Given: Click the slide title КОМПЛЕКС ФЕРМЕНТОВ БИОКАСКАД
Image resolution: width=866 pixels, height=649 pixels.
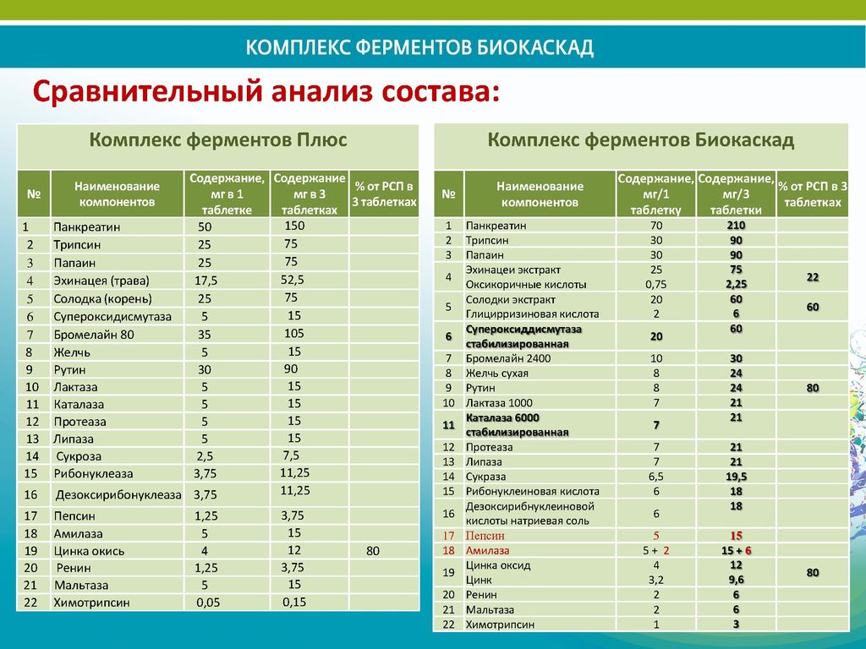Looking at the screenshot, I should (x=420, y=47).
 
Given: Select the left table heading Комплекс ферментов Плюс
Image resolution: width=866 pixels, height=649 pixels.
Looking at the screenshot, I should (x=218, y=140).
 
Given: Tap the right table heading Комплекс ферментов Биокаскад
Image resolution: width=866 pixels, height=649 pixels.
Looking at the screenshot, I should (x=641, y=140).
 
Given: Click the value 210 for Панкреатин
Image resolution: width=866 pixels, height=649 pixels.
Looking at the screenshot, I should (x=736, y=226).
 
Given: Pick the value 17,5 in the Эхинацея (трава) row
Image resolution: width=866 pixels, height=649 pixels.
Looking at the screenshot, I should (x=206, y=281).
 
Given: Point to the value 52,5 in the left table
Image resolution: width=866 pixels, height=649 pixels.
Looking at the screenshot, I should (x=293, y=280).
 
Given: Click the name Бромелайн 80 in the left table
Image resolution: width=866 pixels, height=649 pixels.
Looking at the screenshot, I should (x=93, y=335).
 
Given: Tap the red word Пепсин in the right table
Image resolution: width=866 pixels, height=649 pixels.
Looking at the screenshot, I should (x=485, y=536).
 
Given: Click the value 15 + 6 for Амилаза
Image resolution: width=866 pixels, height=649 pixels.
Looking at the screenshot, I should (x=736, y=550).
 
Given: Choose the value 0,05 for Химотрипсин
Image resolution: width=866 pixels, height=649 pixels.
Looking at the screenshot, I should (x=207, y=603).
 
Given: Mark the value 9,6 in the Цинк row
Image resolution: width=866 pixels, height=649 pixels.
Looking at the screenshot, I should (x=736, y=580).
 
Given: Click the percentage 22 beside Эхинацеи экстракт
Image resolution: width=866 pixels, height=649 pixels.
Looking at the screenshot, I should (x=813, y=277).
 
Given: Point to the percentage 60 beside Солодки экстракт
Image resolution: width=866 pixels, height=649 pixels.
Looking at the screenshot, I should (x=813, y=307).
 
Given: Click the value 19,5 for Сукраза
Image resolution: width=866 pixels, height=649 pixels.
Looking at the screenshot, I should (x=736, y=477).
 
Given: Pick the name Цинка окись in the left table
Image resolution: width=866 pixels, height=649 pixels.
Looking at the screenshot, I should (x=89, y=551).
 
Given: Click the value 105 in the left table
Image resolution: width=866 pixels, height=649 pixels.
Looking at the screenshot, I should (x=293, y=334).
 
